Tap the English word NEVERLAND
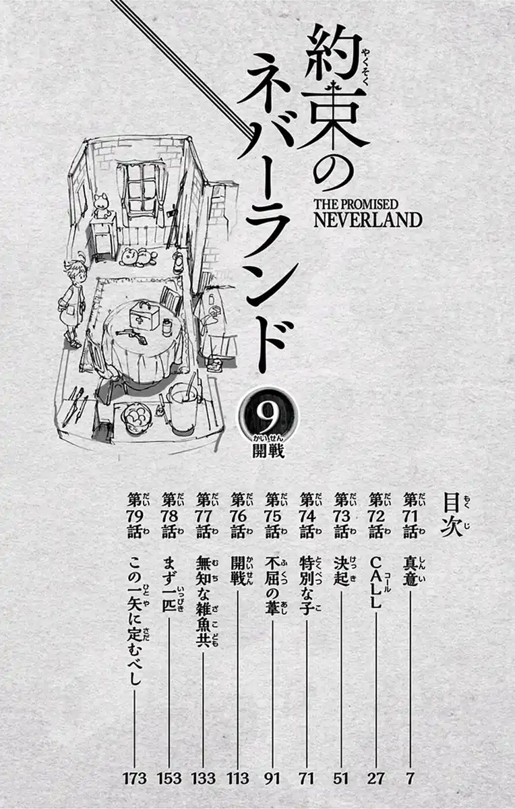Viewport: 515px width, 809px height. pyautogui.click(x=367, y=220)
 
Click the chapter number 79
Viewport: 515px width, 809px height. pyautogui.click(x=134, y=515)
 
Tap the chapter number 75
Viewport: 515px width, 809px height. pyautogui.click(x=273, y=515)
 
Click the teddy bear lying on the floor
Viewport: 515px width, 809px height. pyautogui.click(x=138, y=257)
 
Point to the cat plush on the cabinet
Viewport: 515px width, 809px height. pyautogui.click(x=100, y=206)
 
